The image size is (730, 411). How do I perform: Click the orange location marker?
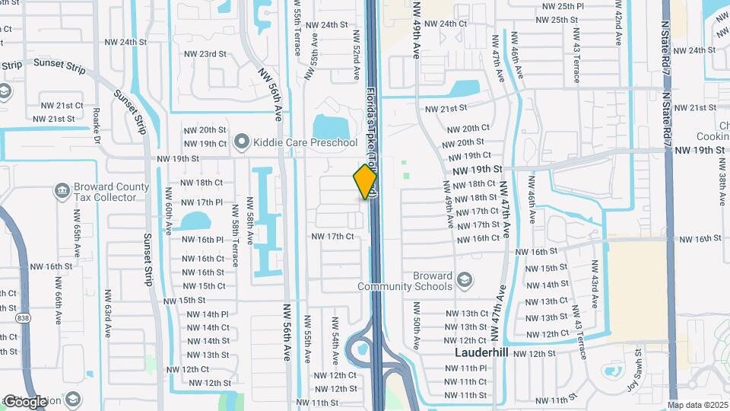point(365,182)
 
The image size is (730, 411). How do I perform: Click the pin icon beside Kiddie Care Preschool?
point(243,142)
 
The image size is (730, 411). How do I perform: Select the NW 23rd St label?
point(202,54)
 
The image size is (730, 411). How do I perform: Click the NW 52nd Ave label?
point(355,56)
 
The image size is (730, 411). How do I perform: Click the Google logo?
point(25,401)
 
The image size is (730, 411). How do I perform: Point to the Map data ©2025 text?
point(697,405)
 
